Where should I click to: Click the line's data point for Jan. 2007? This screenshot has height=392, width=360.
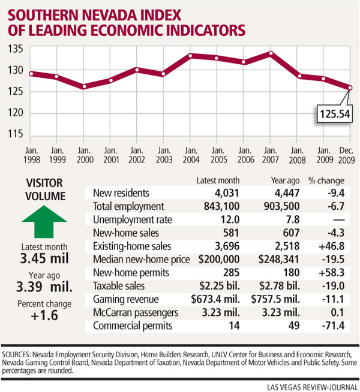coord(271,53)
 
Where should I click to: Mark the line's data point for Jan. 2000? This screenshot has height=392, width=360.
coord(85,86)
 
